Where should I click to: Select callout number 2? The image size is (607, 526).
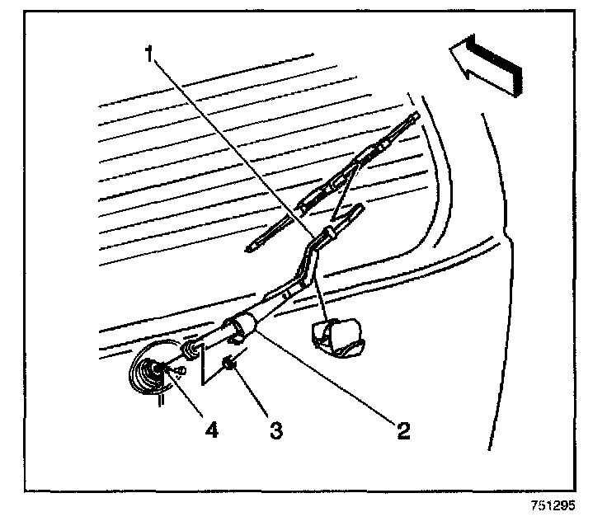click(x=402, y=430)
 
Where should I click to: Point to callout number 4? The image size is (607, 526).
click(x=213, y=430)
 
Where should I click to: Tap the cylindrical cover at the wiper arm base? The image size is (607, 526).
click(x=240, y=326)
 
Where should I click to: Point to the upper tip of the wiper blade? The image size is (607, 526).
click(x=418, y=115)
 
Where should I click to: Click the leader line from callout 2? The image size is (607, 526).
click(x=330, y=379)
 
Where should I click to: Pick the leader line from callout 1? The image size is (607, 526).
click(x=231, y=144)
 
